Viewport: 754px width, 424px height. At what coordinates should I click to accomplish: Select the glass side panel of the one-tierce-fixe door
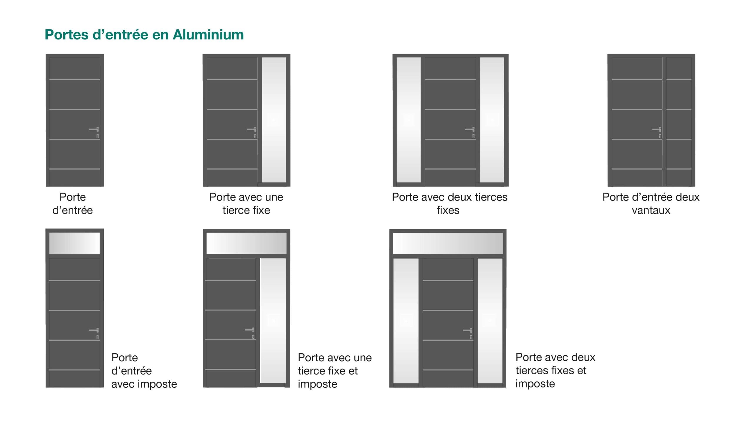274,120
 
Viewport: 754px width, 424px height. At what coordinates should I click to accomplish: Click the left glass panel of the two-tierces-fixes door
409,120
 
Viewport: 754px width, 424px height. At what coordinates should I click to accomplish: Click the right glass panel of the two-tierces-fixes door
492,120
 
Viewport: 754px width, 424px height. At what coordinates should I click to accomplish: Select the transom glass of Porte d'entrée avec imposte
74,243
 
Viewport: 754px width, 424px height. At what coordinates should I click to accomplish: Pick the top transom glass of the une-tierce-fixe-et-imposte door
246,243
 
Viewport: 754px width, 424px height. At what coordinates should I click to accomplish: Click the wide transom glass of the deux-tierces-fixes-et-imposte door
447,244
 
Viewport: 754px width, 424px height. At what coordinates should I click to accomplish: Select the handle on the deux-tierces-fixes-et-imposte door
468,330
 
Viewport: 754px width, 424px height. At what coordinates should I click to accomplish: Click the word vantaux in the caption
651,210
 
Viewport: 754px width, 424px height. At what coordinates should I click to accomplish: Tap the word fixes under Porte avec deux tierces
448,210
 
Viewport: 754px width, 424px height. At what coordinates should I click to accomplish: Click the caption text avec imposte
144,384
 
